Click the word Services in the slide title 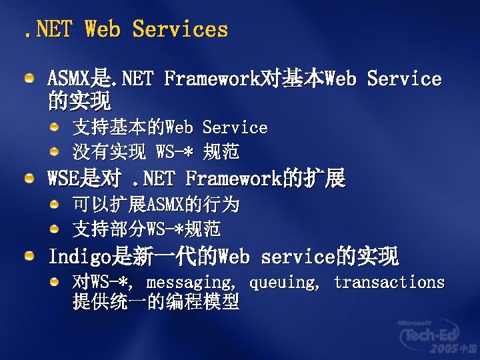180,29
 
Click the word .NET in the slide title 46,29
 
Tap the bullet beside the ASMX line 30,79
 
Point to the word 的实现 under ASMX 79,101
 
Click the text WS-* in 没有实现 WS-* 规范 174,152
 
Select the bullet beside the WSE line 30,179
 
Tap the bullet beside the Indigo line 30,256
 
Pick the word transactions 389,282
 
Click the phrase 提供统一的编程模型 155,302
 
